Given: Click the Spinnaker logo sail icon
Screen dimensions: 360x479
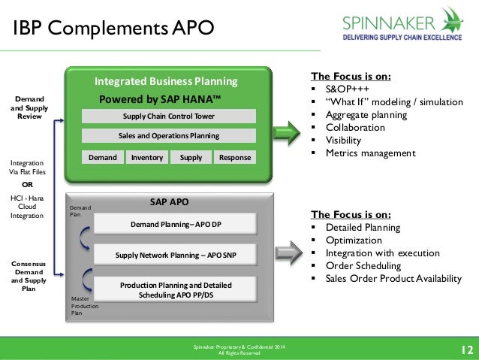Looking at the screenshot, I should click(x=451, y=19).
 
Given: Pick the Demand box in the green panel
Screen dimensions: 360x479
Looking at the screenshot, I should click(x=102, y=157).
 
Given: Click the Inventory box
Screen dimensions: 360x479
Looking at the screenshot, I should click(x=147, y=157).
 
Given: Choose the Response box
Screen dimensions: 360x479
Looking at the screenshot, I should click(x=235, y=157).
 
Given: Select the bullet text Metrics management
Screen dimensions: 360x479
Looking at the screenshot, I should click(x=370, y=153).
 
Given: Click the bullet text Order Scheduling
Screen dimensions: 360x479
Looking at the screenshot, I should click(x=364, y=265).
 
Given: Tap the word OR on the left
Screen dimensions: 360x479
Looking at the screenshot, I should click(x=27, y=183).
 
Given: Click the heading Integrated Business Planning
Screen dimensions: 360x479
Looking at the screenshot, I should click(x=165, y=81).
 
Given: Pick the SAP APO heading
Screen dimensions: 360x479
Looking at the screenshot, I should click(x=169, y=202).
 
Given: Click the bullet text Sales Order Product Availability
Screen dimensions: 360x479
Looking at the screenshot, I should click(x=393, y=278).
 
